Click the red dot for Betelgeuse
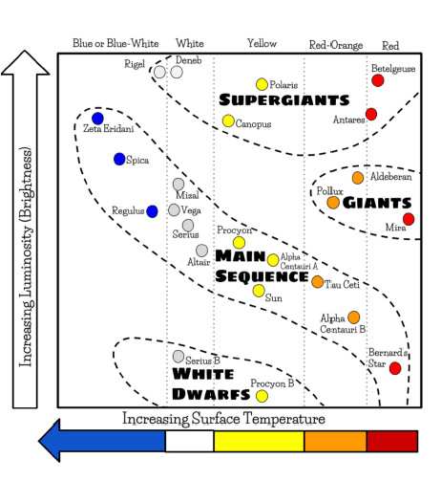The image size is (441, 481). point(378,80)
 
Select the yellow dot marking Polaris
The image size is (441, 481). point(262,84)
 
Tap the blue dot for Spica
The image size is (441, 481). point(119,159)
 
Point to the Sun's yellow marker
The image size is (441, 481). point(259,291)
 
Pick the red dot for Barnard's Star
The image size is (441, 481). point(395,368)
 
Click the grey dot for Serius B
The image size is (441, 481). point(178,357)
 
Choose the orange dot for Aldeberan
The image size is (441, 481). point(358,178)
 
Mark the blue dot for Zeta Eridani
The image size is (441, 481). point(97,119)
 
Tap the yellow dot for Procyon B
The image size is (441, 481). point(262,396)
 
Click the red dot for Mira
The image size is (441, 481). point(409,219)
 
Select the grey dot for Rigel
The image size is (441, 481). point(159,72)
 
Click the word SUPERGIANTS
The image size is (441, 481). point(284,99)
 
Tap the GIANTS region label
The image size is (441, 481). point(377,203)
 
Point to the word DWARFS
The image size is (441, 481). point(211,394)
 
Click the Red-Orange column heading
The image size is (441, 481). point(336,45)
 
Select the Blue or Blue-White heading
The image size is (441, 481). point(115,43)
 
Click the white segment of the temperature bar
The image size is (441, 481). point(190,441)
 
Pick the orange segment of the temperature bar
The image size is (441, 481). point(335,441)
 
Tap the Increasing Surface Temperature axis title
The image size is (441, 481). point(223,419)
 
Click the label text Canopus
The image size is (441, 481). point(253,123)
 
